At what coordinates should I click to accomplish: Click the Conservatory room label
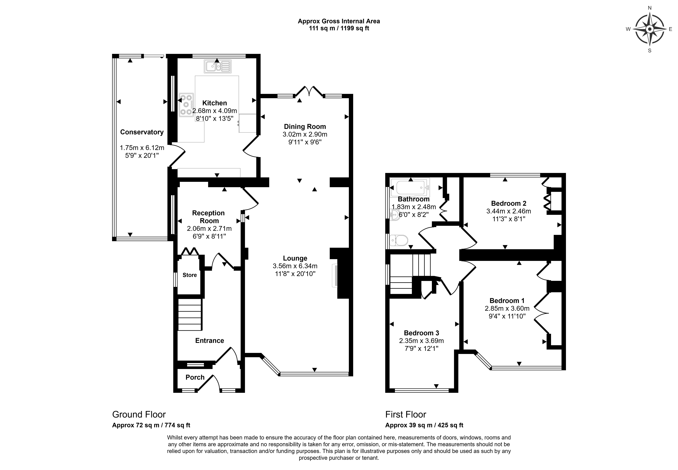pyautogui.click(x=142, y=132)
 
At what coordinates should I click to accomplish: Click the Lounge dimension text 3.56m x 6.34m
pyautogui.click(x=295, y=266)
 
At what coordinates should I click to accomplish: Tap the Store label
pyautogui.click(x=190, y=275)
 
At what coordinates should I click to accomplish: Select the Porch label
pyautogui.click(x=195, y=377)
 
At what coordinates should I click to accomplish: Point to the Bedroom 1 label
pyautogui.click(x=507, y=301)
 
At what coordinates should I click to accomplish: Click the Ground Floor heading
pyautogui.click(x=139, y=415)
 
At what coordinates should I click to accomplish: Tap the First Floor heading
pyautogui.click(x=406, y=415)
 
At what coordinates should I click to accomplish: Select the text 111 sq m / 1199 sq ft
pyautogui.click(x=339, y=28)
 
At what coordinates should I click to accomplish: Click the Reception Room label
pyautogui.click(x=208, y=217)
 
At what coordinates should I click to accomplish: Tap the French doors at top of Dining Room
pyautogui.click(x=309, y=91)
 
